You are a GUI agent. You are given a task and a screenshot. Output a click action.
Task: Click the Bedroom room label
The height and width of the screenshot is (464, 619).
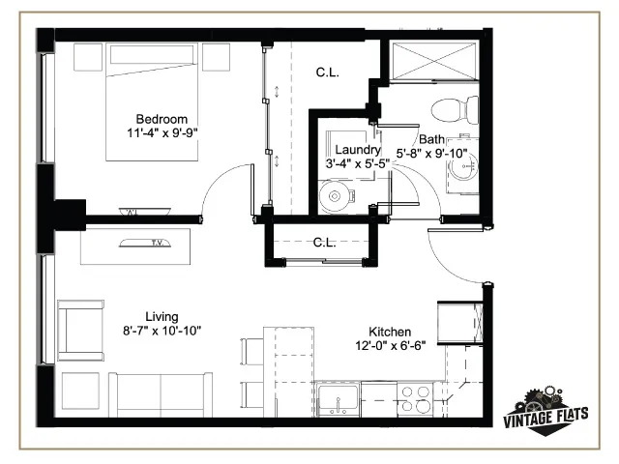point(162,119)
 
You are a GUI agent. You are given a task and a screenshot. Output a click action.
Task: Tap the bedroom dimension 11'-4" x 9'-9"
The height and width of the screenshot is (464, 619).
point(162,133)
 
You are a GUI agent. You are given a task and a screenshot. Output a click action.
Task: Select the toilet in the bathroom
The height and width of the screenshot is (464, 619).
point(455,109)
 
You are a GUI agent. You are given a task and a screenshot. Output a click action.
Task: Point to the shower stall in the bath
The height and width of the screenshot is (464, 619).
point(434,62)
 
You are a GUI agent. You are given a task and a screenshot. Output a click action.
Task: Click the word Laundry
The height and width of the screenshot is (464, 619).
point(358,150)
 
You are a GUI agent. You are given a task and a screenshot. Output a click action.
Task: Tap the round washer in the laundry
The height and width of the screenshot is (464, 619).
point(335,196)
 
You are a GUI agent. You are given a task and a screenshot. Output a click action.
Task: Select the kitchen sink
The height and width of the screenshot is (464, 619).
point(339,398)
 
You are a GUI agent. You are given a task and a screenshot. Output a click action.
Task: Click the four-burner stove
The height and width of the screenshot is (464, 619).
point(415,399)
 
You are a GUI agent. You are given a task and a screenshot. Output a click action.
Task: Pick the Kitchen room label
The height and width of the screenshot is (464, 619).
point(390,332)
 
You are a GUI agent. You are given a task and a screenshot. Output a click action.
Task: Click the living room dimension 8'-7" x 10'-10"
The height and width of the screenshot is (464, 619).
point(162,331)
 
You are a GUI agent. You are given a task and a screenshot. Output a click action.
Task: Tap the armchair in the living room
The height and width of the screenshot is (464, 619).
point(81,331)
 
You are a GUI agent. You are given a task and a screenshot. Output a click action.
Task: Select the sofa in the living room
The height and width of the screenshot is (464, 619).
point(161,394)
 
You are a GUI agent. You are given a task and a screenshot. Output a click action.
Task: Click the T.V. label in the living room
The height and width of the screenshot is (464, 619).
point(157,243)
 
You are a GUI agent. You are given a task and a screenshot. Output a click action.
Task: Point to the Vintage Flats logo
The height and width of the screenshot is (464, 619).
point(545,411)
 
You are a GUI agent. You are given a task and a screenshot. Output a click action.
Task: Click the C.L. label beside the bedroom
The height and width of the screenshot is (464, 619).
point(327,72)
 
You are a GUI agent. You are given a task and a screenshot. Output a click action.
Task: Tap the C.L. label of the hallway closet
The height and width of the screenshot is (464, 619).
point(324,243)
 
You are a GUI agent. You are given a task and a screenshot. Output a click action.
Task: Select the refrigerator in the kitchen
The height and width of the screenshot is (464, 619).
point(460,323)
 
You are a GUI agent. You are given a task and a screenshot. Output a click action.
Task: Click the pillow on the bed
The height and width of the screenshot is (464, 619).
point(152,54)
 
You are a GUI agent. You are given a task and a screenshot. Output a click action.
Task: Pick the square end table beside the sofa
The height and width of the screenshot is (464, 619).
point(80,391)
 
